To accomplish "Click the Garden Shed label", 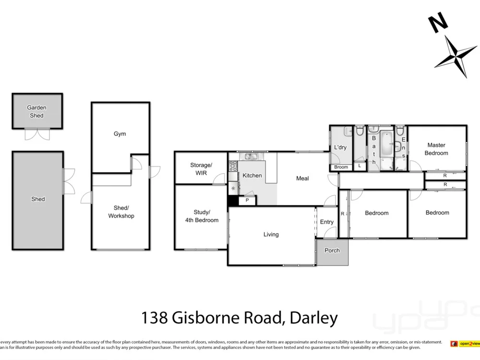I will tap(36, 111).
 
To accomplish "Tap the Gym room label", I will tap(120, 133).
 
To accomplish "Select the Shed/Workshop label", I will tap(121, 212).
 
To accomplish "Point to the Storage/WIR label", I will tap(201, 169).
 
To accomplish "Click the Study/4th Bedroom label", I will tap(202, 216).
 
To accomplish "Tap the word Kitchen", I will tap(252, 175).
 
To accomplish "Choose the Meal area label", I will tap(302, 179).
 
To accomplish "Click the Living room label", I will tap(271, 235).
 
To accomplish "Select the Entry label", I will tap(327, 222).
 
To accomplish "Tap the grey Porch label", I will tap(332, 251).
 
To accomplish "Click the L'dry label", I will tap(340, 147).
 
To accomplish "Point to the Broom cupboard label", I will tap(341, 167).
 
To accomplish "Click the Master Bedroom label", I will tap(436, 149).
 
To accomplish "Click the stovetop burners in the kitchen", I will tap(233, 166).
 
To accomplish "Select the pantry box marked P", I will tap(247, 200).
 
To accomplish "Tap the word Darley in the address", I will tap(314, 318).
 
